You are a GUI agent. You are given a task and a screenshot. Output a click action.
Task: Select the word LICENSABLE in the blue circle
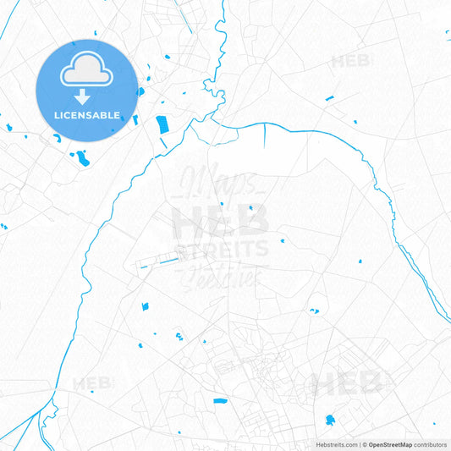tap(86, 114)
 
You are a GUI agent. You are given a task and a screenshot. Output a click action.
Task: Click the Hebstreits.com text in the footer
tap(337, 444)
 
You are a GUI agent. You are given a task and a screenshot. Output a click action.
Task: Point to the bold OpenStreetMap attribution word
tap(390, 444)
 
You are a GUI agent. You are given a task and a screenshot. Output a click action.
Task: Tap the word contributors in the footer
tap(430, 444)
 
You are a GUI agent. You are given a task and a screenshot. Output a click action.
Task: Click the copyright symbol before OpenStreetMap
tap(364, 444)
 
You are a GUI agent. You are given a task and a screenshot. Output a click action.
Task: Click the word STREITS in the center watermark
tap(222, 249)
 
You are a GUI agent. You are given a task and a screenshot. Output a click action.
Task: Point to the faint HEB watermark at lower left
tap(92, 383)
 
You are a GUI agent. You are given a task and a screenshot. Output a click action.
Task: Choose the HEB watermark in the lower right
tap(347, 384)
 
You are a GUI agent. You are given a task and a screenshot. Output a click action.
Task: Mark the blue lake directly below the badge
tap(82, 157)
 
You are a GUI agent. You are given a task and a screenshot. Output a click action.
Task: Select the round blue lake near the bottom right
tap(329, 420)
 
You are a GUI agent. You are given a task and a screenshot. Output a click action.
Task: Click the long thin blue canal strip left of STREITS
tap(161, 265)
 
